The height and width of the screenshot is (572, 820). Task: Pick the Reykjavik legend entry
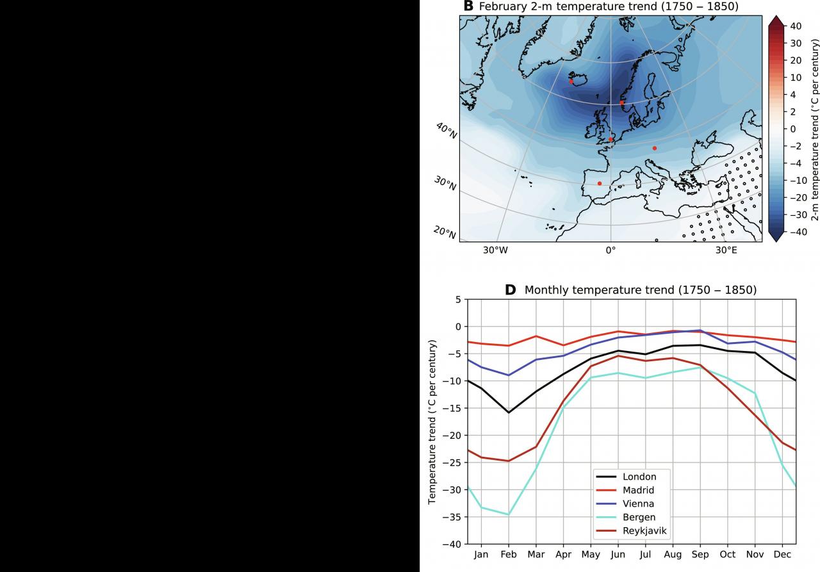tap(644, 530)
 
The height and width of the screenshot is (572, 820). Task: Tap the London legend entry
tap(639, 477)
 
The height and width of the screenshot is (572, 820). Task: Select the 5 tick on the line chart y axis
tap(457, 299)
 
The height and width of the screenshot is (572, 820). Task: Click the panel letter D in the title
tap(510, 290)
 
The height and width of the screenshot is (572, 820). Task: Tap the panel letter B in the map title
tap(468, 6)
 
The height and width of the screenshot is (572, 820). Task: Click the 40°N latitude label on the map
tap(447, 131)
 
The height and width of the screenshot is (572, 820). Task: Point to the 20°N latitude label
tap(445, 234)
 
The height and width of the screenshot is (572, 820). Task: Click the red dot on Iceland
tap(571, 81)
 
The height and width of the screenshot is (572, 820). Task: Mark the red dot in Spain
tap(600, 183)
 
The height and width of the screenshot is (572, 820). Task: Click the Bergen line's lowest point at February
tap(509, 514)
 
